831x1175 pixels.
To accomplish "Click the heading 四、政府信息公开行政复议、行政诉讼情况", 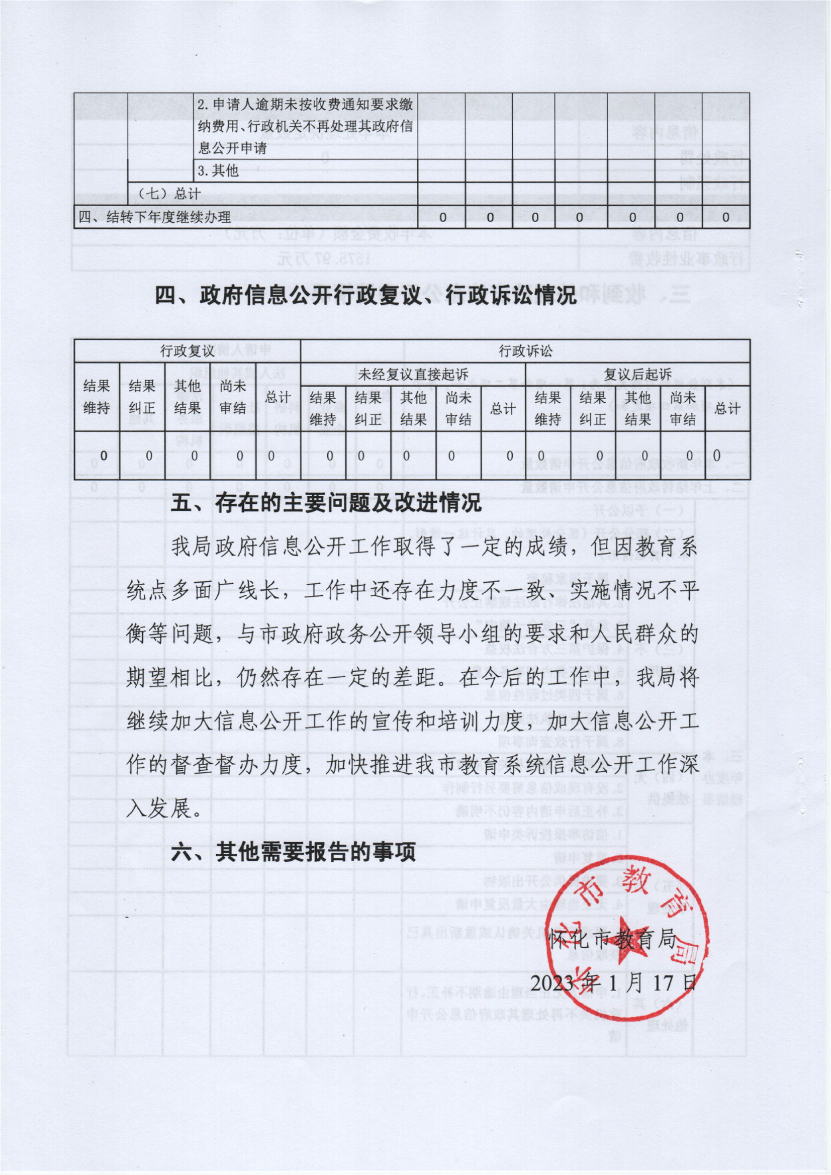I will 366,296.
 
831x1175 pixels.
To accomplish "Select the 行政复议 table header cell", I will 188,351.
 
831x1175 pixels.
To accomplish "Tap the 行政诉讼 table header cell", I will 525,351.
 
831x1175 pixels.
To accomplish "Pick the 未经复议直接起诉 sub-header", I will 413,374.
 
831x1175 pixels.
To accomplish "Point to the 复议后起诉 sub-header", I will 637,374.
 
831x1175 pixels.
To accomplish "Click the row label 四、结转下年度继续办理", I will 154,218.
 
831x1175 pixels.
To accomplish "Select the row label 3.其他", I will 219,170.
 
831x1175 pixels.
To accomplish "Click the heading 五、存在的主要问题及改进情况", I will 326,504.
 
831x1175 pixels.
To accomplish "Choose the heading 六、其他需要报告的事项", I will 293,852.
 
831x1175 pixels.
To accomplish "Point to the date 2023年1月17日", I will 613,982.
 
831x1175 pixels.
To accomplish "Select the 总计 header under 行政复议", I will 278,397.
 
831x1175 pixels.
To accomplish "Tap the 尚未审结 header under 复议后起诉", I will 683,408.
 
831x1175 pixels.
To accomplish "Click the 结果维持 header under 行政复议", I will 97,397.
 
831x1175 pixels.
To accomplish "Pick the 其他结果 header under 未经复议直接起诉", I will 413,408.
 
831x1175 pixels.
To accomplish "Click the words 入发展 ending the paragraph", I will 163,809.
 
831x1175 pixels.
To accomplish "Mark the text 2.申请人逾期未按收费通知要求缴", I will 306,105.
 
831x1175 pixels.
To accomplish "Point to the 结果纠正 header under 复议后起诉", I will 593,408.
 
